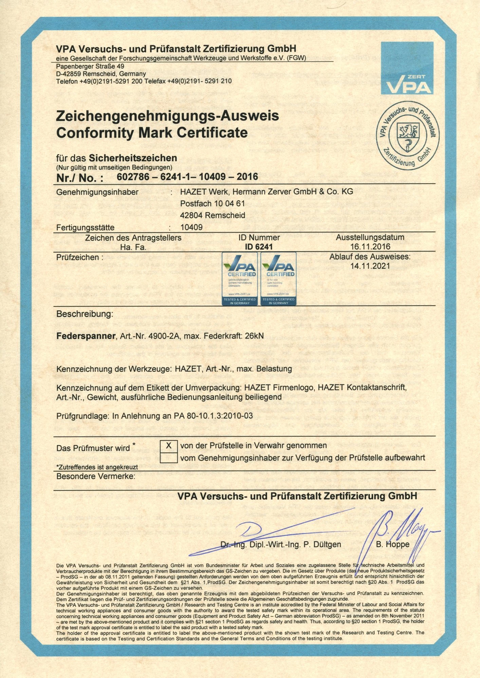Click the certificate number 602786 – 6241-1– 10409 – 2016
pos(187,177)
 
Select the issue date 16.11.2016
pos(370,246)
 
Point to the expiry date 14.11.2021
pos(370,266)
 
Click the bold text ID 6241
pos(259,247)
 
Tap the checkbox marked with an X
pos(168,445)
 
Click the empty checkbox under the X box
pos(168,458)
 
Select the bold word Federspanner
pos(86,336)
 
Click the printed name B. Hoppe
pos(392,544)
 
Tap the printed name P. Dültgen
pos(322,544)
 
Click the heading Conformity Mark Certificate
pos(152,132)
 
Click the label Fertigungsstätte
pos(85,227)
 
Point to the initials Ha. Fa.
pos(133,247)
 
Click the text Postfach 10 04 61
pos(212,203)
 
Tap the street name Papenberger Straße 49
pos(90,66)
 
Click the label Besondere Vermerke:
pos(95,476)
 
